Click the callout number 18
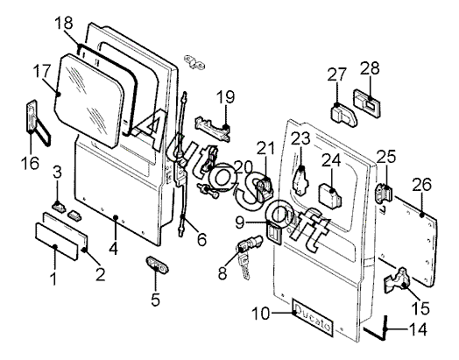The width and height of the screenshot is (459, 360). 64,23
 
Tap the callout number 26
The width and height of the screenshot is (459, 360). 422,185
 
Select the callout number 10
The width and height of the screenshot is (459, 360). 261,314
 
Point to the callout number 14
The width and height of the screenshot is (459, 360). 418,329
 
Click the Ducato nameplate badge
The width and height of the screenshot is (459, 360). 313,317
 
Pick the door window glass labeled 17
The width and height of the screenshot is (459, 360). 89,101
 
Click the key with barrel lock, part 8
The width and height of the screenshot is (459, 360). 250,254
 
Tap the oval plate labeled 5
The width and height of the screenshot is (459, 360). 158,265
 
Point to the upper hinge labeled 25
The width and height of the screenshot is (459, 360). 384,192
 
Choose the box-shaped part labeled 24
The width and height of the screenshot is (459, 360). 330,196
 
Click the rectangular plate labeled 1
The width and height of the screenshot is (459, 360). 56,241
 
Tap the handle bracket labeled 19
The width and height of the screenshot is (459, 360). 213,129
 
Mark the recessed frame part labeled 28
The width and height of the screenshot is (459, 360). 367,102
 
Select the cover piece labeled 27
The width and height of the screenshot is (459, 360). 344,115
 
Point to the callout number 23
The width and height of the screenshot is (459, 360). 300,138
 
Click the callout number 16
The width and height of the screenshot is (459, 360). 30,163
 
